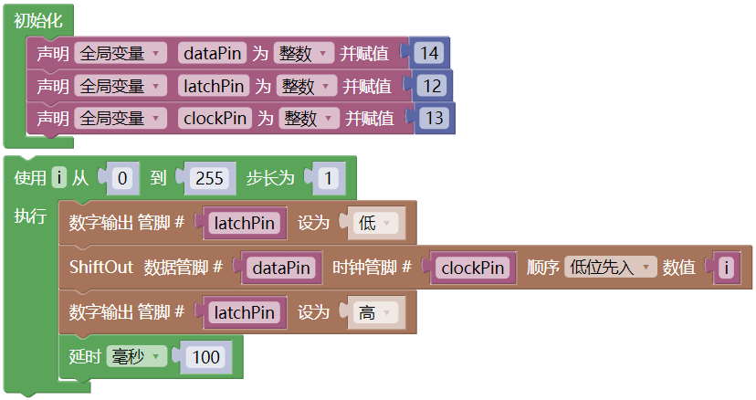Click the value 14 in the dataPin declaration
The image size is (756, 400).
430,54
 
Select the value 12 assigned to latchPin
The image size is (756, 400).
433,86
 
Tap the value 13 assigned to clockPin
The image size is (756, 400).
435,118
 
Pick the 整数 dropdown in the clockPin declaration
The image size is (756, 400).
310,118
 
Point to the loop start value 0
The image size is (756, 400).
122,178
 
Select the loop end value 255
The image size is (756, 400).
209,178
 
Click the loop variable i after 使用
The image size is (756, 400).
59,178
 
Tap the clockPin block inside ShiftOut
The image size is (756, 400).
473,268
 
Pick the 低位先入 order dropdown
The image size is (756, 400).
610,268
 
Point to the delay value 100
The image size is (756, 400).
206,356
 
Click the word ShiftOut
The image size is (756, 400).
101,268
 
